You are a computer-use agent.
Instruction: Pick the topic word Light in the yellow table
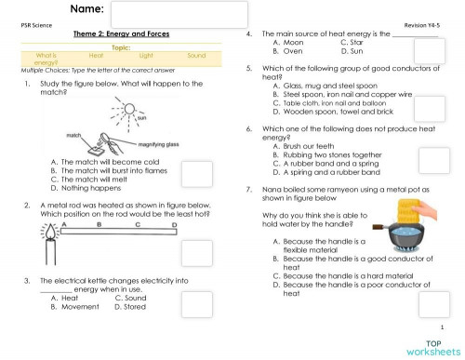point(145,56)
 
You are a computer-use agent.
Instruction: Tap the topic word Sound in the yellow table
point(195,56)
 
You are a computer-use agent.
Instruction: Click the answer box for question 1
point(195,174)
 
